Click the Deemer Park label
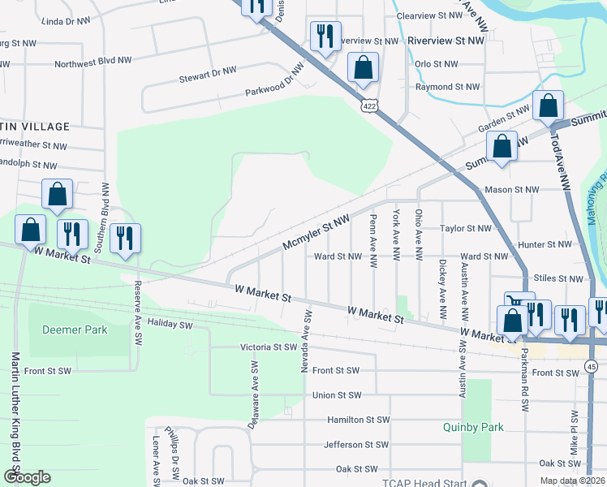click(74, 330)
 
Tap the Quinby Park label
click(473, 427)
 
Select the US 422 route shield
click(368, 106)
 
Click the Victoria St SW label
click(269, 347)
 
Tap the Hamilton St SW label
click(359, 420)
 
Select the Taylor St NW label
click(466, 229)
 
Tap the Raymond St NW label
click(447, 87)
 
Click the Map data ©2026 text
click(572, 481)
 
